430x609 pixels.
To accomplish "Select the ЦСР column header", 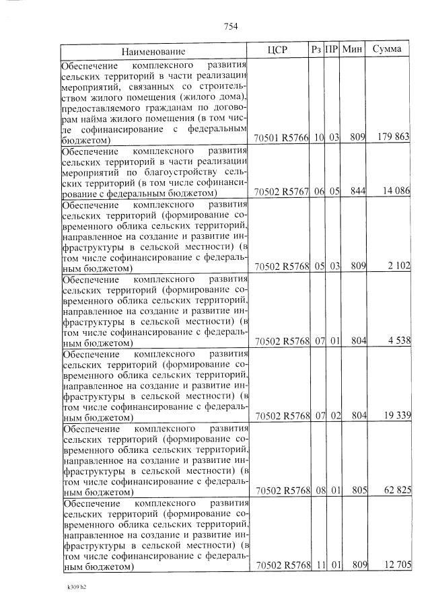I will (x=277, y=50).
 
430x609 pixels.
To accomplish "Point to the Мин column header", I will (x=353, y=50).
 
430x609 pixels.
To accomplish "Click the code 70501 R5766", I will (x=281, y=138).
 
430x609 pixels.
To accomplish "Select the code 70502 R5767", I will (x=281, y=192).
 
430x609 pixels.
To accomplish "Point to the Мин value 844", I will (x=357, y=192).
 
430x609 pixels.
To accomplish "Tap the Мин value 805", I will (x=357, y=491).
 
